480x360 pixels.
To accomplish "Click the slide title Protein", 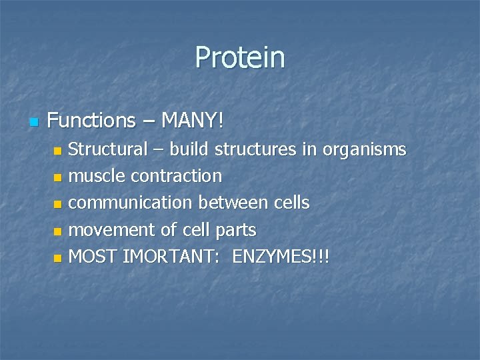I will [240, 58].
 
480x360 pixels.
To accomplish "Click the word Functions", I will [91, 121].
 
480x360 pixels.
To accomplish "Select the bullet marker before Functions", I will [35, 122].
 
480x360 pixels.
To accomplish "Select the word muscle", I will [98, 176].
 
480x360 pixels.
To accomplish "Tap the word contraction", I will [176, 176].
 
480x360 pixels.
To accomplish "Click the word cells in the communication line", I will [291, 203].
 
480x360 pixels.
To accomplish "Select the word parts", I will [235, 231].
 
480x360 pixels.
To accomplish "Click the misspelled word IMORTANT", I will [175, 256].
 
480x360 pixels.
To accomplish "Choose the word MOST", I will [93, 256].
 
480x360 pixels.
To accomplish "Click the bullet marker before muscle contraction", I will [57, 177].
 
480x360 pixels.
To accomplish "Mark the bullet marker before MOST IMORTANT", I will [57, 257].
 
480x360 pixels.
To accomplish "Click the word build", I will [189, 149].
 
